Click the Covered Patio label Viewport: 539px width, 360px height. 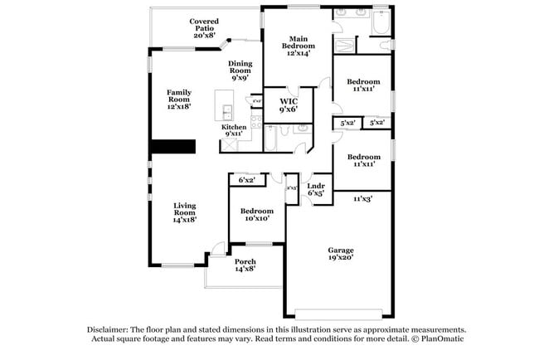pyautogui.click(x=203, y=28)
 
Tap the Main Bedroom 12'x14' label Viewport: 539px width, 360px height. pyautogui.click(x=299, y=46)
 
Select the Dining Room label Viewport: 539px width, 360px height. pyautogui.click(x=240, y=68)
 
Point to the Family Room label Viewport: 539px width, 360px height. pyautogui.click(x=179, y=99)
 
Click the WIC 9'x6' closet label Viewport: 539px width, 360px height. pyautogui.click(x=288, y=105)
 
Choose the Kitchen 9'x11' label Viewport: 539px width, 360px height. pyautogui.click(x=233, y=129)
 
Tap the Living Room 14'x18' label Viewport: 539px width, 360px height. pyautogui.click(x=184, y=213)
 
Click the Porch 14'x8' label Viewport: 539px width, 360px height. pyautogui.click(x=245, y=265)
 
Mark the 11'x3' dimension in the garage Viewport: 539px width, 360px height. pyautogui.click(x=362, y=198)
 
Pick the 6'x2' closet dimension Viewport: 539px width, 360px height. pyautogui.click(x=246, y=180)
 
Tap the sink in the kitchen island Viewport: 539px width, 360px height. pyautogui.click(x=225, y=109)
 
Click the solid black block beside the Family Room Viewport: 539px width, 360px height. pyautogui.click(x=172, y=146)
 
